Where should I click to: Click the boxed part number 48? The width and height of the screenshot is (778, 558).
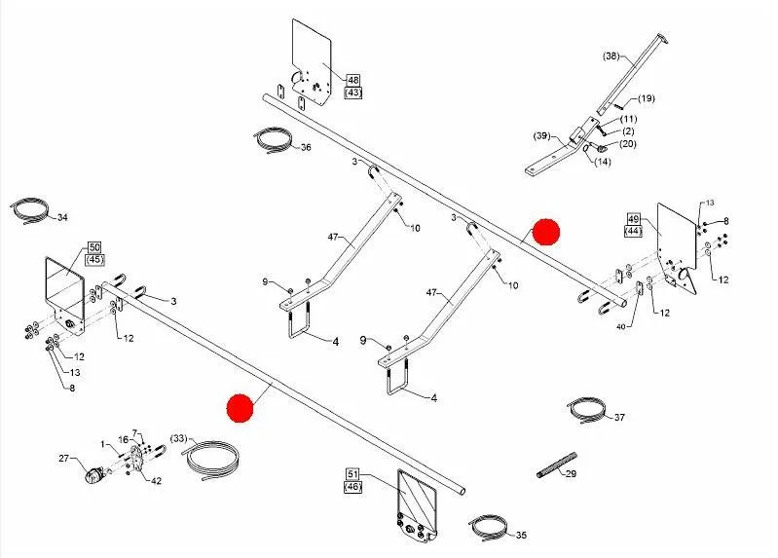[x=352, y=80]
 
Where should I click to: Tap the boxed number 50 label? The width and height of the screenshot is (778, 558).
[x=94, y=247]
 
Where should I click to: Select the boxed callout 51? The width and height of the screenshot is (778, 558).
[x=352, y=473]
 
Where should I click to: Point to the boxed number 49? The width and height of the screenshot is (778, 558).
[x=633, y=218]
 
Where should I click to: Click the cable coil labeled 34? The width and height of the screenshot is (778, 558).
[x=31, y=211]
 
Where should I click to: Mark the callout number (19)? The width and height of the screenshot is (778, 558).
[x=647, y=98]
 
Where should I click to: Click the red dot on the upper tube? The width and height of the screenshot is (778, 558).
[x=546, y=232]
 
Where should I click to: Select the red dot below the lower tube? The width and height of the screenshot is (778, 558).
[x=238, y=407]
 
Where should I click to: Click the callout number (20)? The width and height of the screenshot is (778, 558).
[x=627, y=144]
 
